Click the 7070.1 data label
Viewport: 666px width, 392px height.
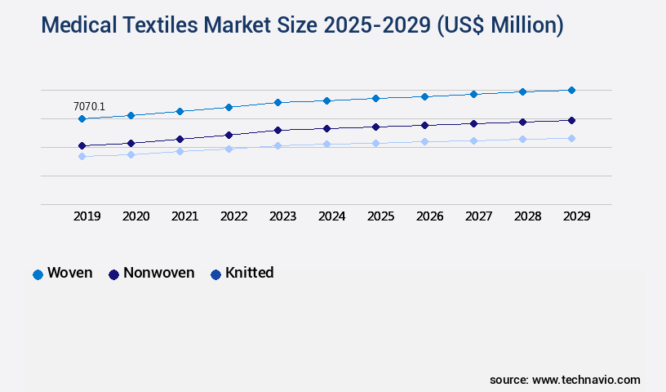89,106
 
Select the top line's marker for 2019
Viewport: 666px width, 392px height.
82,119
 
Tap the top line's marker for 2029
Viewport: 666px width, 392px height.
571,90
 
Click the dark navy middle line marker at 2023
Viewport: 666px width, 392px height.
277,130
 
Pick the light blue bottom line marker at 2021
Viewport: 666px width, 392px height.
180,151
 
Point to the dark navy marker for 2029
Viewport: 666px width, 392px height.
571,120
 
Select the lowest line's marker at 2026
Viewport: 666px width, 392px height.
424,141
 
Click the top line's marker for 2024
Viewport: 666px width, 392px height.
326,100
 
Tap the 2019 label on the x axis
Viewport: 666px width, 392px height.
87,216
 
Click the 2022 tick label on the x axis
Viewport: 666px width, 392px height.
234,216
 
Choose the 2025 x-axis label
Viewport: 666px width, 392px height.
381,216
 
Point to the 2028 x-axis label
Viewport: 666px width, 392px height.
528,216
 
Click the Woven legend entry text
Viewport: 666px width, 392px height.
70,273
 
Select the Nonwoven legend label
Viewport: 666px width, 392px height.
158,273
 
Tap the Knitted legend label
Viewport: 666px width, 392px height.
249,273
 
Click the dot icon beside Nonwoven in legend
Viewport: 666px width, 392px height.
113,274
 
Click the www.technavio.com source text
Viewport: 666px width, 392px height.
586,380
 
